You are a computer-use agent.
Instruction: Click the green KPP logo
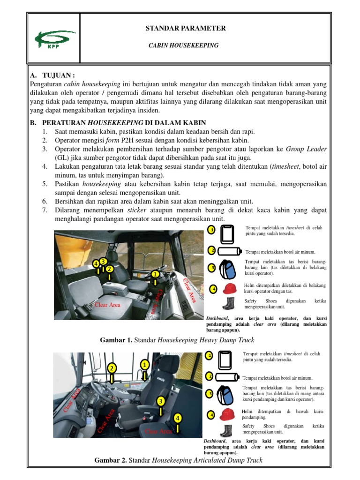click(x=54, y=39)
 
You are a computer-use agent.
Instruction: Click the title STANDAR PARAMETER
click(x=186, y=29)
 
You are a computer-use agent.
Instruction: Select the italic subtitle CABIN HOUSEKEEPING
click(x=184, y=45)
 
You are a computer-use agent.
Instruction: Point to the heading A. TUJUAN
click(x=52, y=75)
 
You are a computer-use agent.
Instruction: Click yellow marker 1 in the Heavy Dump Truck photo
click(x=154, y=274)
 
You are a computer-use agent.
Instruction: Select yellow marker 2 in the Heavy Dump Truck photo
click(x=109, y=269)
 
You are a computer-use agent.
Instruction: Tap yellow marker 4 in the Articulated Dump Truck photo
click(x=178, y=417)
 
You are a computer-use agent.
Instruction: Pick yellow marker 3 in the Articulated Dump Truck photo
click(x=160, y=401)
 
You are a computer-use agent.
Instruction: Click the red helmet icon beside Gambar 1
click(x=229, y=288)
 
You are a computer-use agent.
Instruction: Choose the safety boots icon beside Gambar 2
click(x=227, y=430)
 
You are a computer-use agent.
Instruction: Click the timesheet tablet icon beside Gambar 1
click(x=227, y=234)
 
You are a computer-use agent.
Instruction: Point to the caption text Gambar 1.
click(x=116, y=339)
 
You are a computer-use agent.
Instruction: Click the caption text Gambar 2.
click(x=111, y=460)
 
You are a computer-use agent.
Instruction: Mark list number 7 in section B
click(x=45, y=210)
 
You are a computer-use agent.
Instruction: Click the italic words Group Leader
click(x=306, y=149)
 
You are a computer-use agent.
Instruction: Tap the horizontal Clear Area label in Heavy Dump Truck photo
click(x=107, y=305)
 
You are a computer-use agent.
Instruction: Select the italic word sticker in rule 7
click(x=137, y=210)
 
